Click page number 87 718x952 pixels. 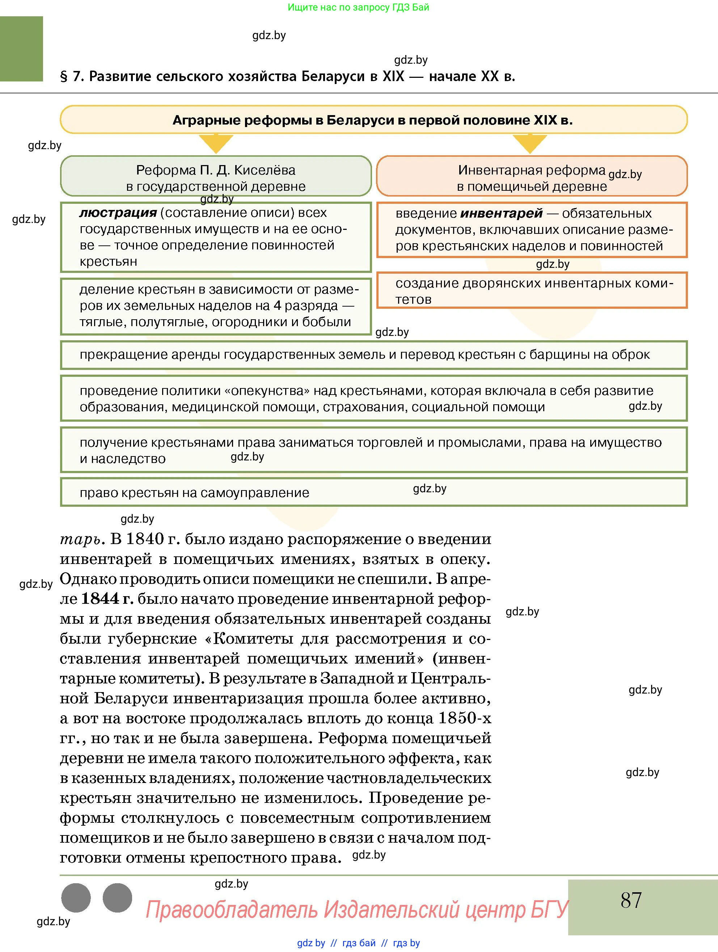click(631, 900)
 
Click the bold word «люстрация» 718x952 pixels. click(118, 212)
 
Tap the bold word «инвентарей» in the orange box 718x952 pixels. click(501, 214)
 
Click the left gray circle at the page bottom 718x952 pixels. click(76, 898)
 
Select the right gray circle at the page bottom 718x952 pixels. click(117, 898)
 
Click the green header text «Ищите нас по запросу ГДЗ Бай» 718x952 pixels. click(358, 7)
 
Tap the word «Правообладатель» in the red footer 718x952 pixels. click(232, 910)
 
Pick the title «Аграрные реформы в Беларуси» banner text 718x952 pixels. click(372, 120)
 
